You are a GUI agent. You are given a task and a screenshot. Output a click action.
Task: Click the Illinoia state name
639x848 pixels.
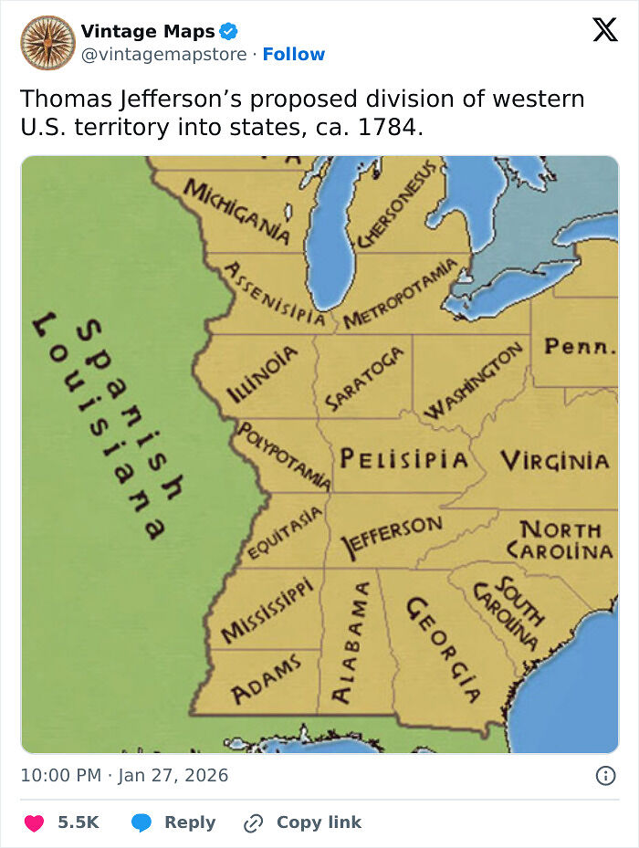click(x=262, y=374)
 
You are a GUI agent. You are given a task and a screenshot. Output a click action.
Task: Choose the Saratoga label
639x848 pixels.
click(x=364, y=379)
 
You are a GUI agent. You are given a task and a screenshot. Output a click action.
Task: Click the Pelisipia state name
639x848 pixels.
click(x=404, y=459)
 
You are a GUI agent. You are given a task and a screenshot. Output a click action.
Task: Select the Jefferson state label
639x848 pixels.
click(x=391, y=536)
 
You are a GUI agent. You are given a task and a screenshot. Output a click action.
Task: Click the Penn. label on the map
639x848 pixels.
click(x=580, y=347)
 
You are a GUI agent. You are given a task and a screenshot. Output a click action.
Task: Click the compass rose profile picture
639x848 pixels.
click(x=47, y=42)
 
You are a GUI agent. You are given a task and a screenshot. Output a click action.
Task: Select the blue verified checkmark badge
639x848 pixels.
click(x=229, y=31)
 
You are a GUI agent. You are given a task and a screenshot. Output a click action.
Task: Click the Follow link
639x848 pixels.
click(x=293, y=54)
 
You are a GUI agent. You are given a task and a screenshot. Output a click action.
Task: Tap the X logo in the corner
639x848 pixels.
click(x=604, y=30)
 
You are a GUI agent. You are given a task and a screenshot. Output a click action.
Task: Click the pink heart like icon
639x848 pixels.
click(x=34, y=822)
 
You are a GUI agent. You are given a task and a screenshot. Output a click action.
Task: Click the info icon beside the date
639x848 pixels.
click(x=605, y=776)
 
